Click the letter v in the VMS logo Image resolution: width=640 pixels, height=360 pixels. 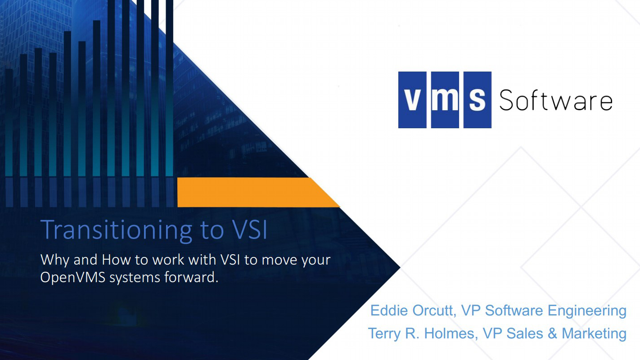coord(412,100)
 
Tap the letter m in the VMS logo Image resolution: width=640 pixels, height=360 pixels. coord(445,100)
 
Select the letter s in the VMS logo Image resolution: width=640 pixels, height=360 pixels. coord(477,100)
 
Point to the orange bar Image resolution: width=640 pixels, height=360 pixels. coord(252,192)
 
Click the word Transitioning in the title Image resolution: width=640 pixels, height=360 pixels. coord(113,229)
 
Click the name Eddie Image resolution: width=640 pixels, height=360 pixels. coord(390,310)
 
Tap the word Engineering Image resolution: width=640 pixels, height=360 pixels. coord(587,310)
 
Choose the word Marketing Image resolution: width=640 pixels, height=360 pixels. coord(594,333)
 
